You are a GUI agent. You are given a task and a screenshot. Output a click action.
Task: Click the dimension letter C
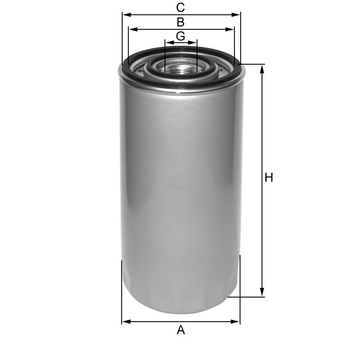(181, 7)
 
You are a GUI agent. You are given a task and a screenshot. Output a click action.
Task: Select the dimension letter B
(181, 22)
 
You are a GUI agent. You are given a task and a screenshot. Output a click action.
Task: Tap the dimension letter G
(181, 36)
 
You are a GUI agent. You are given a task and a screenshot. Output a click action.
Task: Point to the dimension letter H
(269, 178)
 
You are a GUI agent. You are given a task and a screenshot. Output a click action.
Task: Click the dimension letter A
(181, 330)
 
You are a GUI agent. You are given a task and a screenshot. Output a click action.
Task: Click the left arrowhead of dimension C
(125, 15)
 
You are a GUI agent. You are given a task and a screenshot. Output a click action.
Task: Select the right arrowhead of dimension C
(237, 15)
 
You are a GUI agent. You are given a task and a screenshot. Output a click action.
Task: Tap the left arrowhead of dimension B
(131, 29)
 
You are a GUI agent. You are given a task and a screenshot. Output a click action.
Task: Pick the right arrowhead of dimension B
(231, 29)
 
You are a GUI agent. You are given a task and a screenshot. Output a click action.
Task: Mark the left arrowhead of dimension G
(167, 42)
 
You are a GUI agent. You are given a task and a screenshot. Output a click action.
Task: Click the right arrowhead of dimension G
(195, 42)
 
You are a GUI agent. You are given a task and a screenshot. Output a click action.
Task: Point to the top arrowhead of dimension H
(262, 67)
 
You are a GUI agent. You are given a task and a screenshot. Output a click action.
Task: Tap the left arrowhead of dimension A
(125, 322)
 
